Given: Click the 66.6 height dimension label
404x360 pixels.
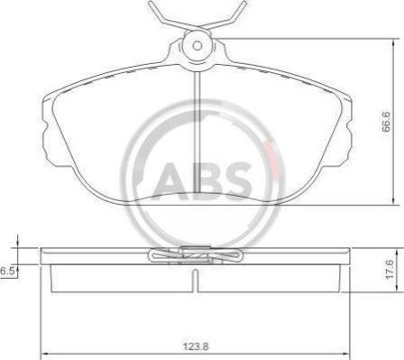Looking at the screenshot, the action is pyautogui.click(x=386, y=122).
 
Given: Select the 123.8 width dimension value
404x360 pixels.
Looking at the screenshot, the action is pyautogui.click(x=196, y=346).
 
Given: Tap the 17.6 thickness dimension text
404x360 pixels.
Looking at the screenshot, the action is pyautogui.click(x=390, y=270).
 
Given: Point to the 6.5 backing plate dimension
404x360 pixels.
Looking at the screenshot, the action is pyautogui.click(x=7, y=271).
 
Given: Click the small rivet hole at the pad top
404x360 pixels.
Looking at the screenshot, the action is pyautogui.click(x=197, y=46).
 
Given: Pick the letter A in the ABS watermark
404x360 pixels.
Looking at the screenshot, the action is pyautogui.click(x=169, y=181).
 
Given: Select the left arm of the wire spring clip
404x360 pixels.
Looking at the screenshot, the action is pyautogui.click(x=169, y=18).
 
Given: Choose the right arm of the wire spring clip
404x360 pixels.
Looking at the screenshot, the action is pyautogui.click(x=228, y=17).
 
